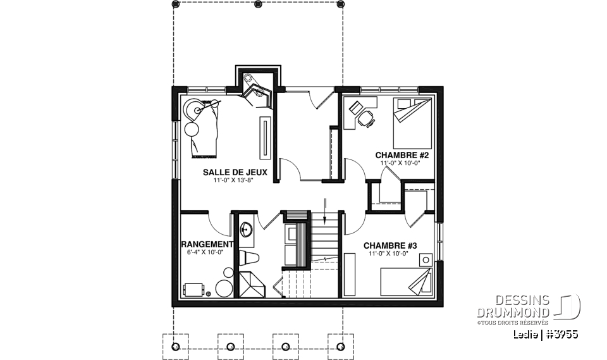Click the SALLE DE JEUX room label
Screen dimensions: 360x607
click(235, 172)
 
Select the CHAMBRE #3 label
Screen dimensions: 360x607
click(390, 245)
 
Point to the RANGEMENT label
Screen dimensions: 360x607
click(207, 244)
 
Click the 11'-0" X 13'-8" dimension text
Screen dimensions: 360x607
click(235, 180)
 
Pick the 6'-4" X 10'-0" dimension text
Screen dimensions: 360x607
click(205, 252)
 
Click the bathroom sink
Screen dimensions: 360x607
click(247, 228)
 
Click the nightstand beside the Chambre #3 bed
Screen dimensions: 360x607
click(427, 259)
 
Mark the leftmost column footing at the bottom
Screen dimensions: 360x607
click(176, 345)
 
